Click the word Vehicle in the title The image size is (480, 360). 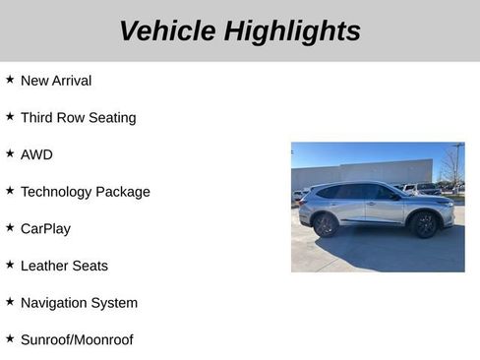pyautogui.click(x=167, y=30)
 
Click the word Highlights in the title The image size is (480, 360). pyautogui.click(x=292, y=30)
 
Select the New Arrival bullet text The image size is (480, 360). pyautogui.click(x=56, y=81)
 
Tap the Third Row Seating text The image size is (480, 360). pyautogui.click(x=78, y=117)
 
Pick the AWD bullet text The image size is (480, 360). pyautogui.click(x=36, y=154)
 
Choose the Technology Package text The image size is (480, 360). pyautogui.click(x=85, y=192)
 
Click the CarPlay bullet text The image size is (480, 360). pyautogui.click(x=45, y=228)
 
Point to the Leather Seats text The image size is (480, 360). pyautogui.click(x=64, y=266)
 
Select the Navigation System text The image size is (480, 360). pyautogui.click(x=79, y=303)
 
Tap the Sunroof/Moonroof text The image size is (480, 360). pyautogui.click(x=77, y=339)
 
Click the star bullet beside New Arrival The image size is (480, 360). pyautogui.click(x=10, y=79)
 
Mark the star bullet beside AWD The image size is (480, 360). pyautogui.click(x=10, y=152)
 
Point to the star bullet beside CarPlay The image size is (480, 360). pyautogui.click(x=10, y=226)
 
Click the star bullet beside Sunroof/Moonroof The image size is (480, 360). pyautogui.click(x=10, y=337)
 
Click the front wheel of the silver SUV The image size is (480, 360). pyautogui.click(x=424, y=224)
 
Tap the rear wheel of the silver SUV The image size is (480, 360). pyautogui.click(x=326, y=224)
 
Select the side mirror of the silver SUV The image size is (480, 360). pyautogui.click(x=393, y=196)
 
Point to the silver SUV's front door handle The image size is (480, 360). pyautogui.click(x=372, y=204)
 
